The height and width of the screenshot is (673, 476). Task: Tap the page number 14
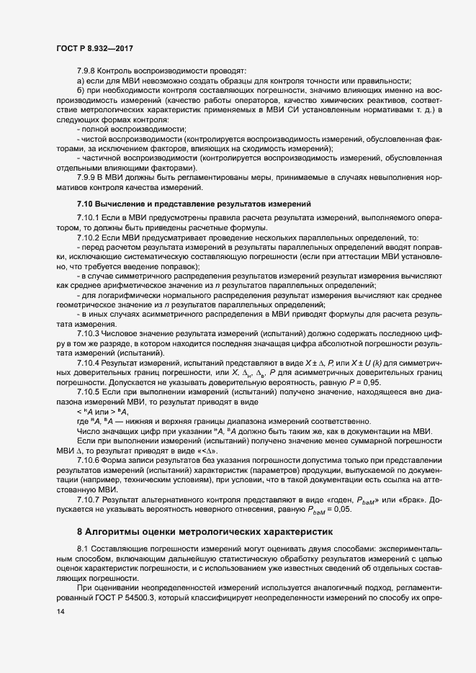50,612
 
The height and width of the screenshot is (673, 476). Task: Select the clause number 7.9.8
86,71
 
